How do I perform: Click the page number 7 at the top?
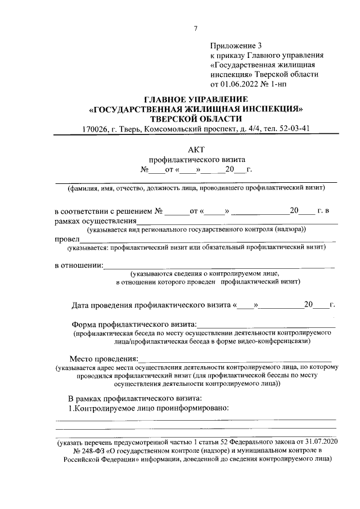pyautogui.click(x=196, y=29)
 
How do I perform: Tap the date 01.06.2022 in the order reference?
pyautogui.click(x=241, y=85)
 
